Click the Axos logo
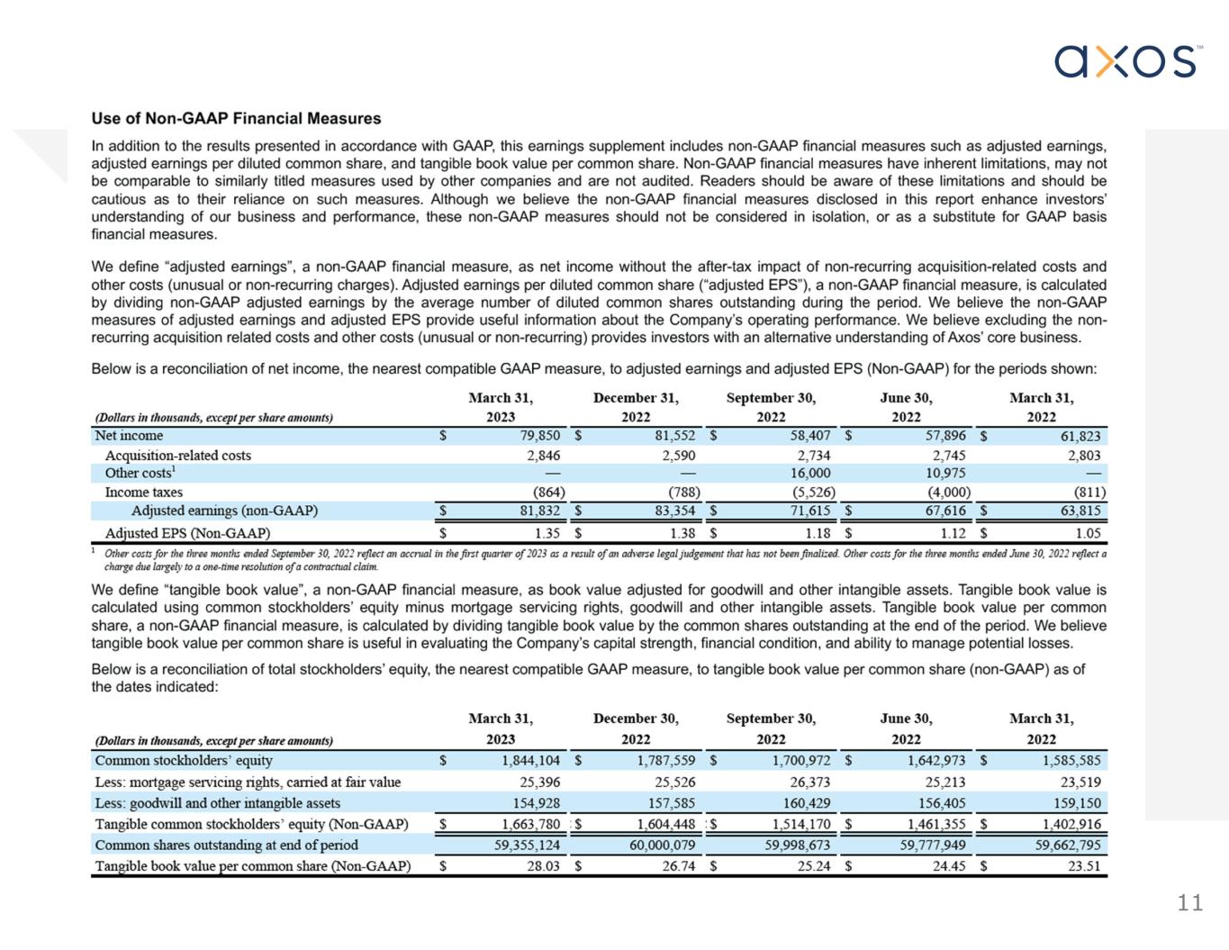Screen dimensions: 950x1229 [x=1126, y=61]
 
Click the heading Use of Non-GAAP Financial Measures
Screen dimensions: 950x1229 [x=236, y=119]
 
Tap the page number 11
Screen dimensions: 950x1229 [x=1189, y=903]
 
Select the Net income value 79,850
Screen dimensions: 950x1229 [x=537, y=436]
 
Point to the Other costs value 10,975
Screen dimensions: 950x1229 [x=945, y=473]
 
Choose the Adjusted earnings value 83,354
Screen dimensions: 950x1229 [x=671, y=511]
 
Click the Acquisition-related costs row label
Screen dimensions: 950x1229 [x=178, y=455]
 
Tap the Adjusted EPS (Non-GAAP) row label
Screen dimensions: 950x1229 [x=187, y=533]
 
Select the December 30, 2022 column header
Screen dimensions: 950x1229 [x=636, y=728]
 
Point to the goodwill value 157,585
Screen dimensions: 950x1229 [x=672, y=803]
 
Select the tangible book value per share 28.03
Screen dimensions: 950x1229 [x=543, y=866]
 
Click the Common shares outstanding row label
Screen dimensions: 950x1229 [x=226, y=845]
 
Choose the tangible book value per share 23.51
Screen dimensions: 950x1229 [x=1083, y=866]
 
